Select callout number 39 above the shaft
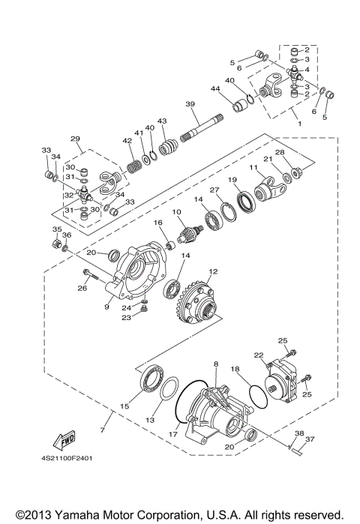coord(190,103)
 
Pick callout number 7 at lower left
coord(103,430)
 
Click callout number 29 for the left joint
coord(74,139)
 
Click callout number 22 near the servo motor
coord(258,355)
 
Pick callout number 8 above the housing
coord(216,364)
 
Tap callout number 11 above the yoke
coord(253,168)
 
